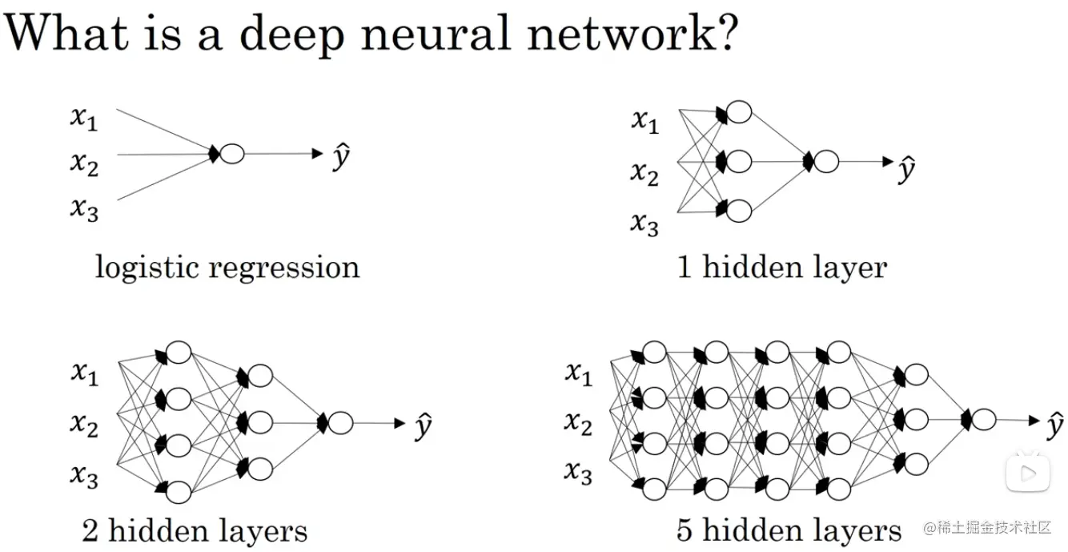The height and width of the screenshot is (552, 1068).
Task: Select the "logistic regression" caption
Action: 227,267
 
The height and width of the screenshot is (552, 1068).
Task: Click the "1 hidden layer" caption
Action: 782,267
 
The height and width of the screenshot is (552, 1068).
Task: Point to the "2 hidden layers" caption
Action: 195,530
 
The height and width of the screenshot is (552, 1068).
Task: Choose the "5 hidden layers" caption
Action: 789,530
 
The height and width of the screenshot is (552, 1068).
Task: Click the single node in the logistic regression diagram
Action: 231,154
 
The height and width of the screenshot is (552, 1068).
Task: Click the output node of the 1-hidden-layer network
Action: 825,162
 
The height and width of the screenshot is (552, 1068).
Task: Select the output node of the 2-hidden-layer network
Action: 339,422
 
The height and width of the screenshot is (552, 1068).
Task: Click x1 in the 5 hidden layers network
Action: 578,373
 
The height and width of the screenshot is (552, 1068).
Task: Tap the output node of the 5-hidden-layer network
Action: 983,419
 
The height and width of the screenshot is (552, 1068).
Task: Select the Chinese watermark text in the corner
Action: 986,528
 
